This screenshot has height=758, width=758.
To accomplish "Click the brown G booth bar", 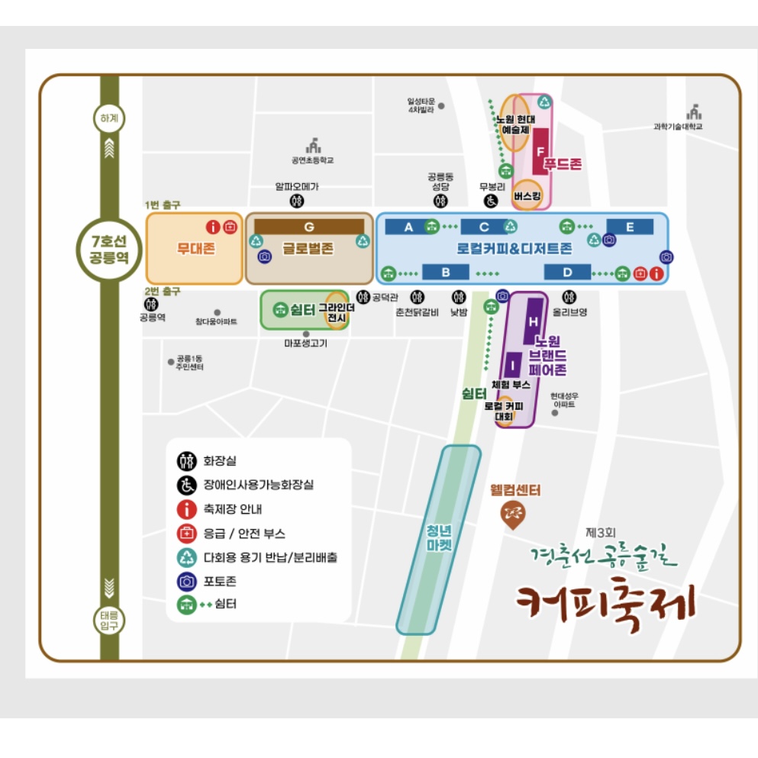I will [309, 227].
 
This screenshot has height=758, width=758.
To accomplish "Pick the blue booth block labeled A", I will [408, 227].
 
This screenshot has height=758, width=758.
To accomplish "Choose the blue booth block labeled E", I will [630, 227].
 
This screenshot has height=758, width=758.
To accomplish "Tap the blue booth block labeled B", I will [445, 272].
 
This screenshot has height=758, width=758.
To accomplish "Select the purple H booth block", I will [534, 321].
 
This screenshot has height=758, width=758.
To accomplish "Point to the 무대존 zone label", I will [195, 248].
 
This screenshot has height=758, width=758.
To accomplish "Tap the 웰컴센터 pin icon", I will [512, 516].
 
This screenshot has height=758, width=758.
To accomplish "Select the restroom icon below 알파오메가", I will [297, 201].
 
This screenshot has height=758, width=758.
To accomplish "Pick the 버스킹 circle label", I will [527, 195].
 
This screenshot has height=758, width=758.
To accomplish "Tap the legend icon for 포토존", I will [186, 581].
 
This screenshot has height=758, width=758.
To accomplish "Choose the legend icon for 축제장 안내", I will [186, 509].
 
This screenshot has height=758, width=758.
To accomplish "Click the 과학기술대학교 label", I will [677, 127].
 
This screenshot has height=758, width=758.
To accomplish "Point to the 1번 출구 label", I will [163, 205].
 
